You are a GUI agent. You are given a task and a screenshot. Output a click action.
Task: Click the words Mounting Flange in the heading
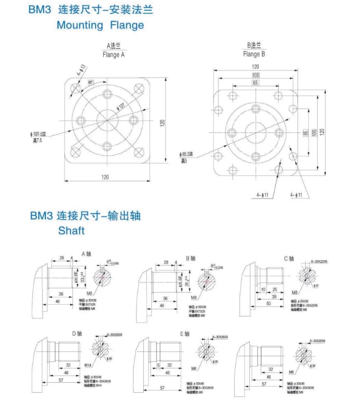pos(100,25)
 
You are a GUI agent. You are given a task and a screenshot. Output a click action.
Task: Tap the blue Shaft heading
pos(71,231)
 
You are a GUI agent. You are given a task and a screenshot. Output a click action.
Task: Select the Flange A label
pos(114,54)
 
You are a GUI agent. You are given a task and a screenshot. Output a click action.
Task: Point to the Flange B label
pos(254,54)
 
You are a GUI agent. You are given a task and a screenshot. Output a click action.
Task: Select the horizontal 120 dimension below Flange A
pos(105,177)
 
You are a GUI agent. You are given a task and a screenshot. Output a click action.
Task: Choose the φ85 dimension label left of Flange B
pos(187,154)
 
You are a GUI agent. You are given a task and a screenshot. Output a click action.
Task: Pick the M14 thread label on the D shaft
pos(88,366)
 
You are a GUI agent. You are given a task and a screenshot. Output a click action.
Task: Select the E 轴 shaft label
pos(188,334)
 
